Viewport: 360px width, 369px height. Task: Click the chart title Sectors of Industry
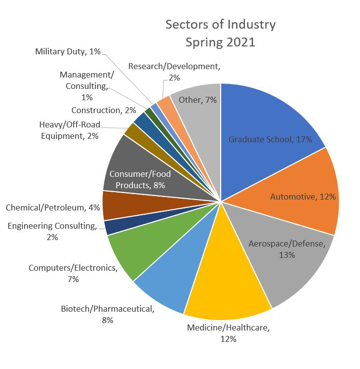(x=220, y=24)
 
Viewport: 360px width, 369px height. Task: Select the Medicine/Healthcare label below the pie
(x=229, y=333)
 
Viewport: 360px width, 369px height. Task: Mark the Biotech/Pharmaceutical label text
(x=108, y=315)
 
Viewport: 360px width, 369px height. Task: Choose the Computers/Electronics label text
(x=73, y=273)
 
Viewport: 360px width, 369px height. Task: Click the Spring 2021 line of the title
(x=220, y=42)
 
